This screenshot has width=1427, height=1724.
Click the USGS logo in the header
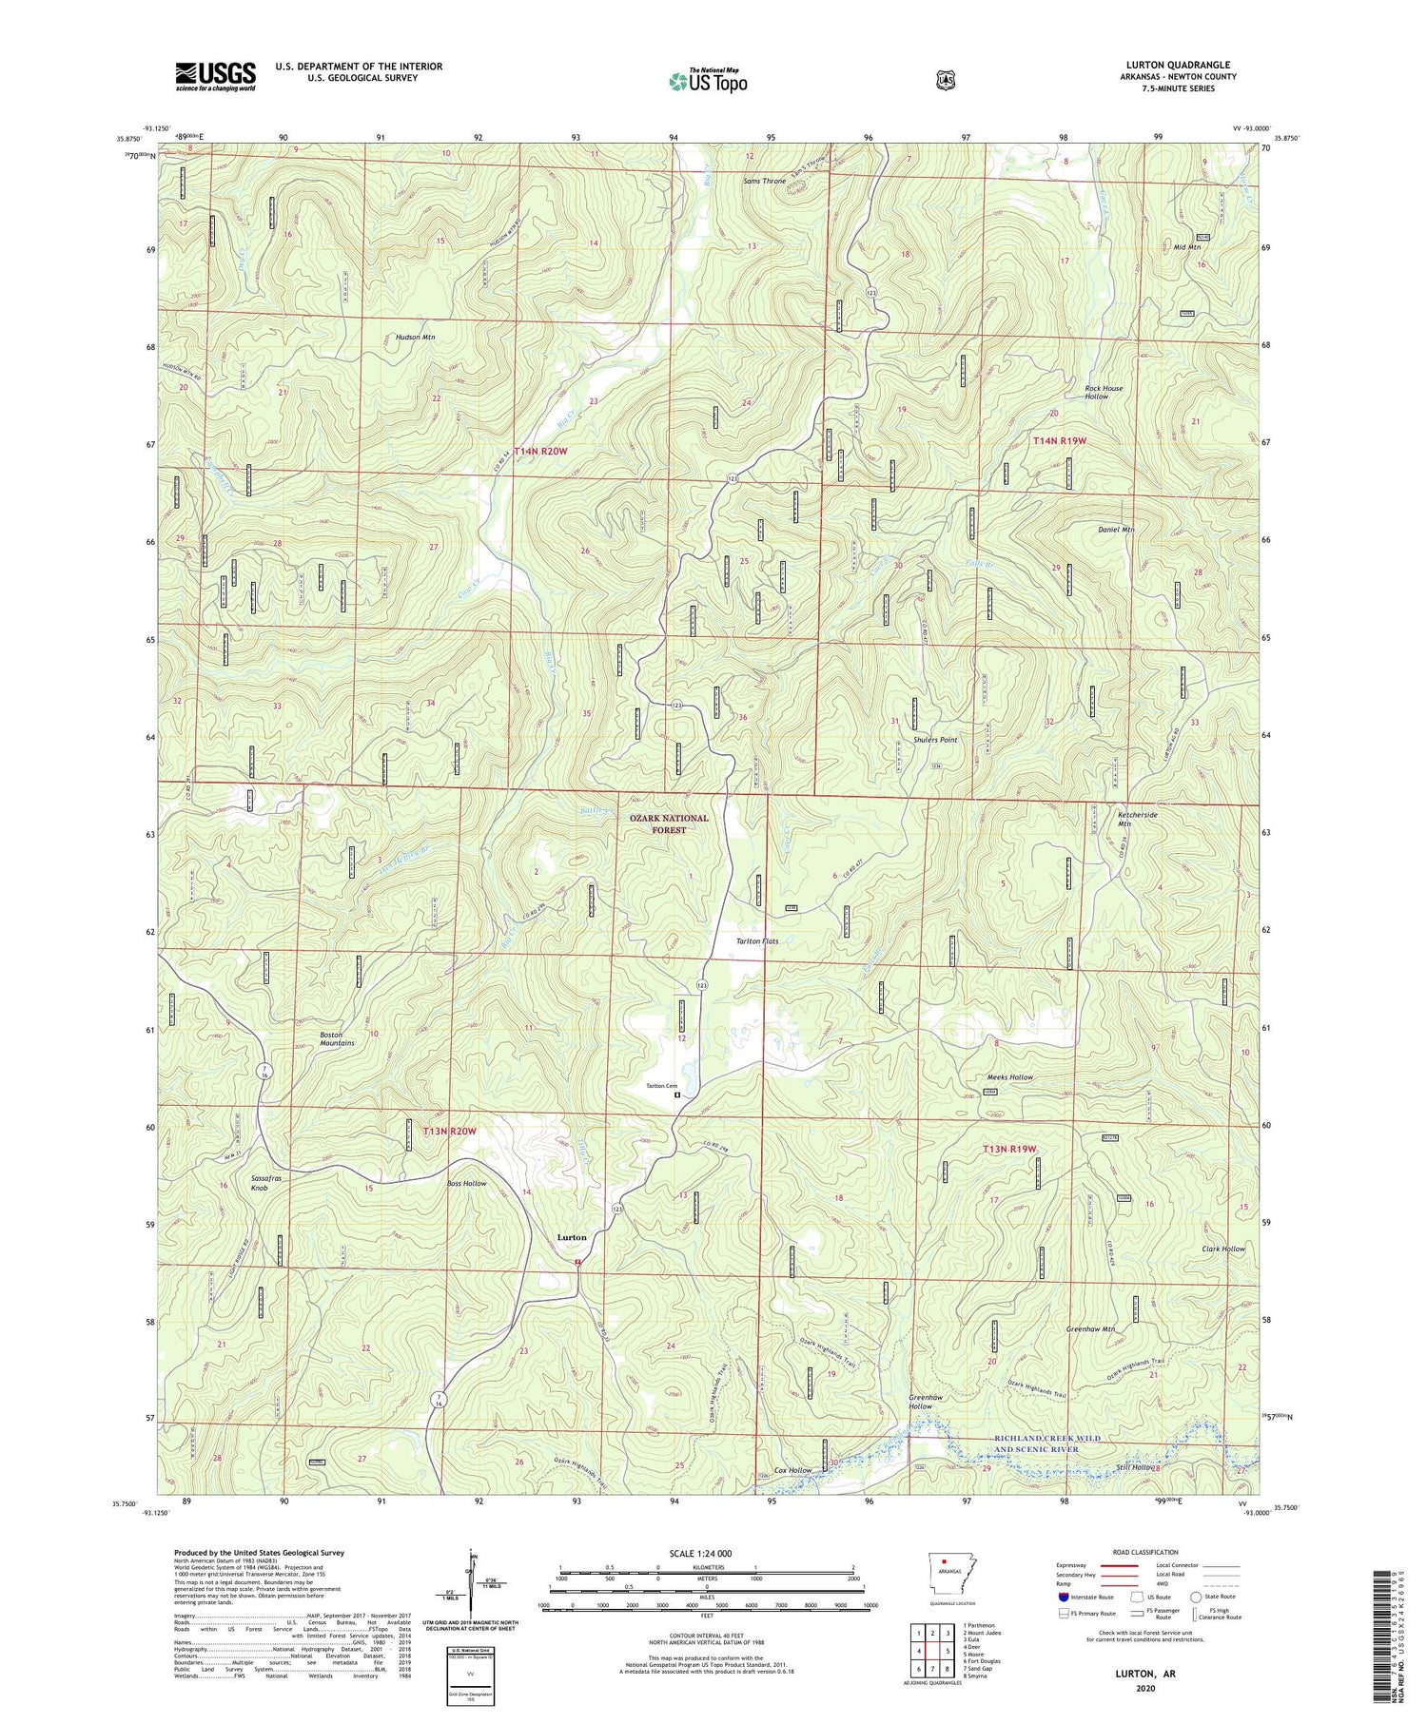(215, 76)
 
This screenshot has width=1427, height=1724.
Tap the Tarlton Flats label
(757, 941)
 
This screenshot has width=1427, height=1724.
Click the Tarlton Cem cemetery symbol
(677, 1094)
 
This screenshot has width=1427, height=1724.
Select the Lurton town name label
(571, 1237)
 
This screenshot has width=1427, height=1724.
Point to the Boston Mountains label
(337, 1038)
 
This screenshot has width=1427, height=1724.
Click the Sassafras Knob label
(266, 1183)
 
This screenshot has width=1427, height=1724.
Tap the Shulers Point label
(935, 739)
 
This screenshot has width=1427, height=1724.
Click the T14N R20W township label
(540, 452)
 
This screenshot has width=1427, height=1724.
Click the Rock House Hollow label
(1104, 392)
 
